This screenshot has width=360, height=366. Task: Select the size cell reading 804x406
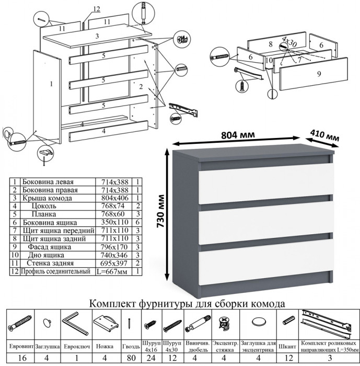[115, 199]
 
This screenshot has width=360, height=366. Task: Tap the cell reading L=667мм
[115, 271]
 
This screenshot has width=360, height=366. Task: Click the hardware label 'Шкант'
[288, 346]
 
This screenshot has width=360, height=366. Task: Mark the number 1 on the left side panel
[52, 83]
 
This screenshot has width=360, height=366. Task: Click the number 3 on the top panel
[97, 36]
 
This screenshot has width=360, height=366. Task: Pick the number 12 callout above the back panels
[96, 8]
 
